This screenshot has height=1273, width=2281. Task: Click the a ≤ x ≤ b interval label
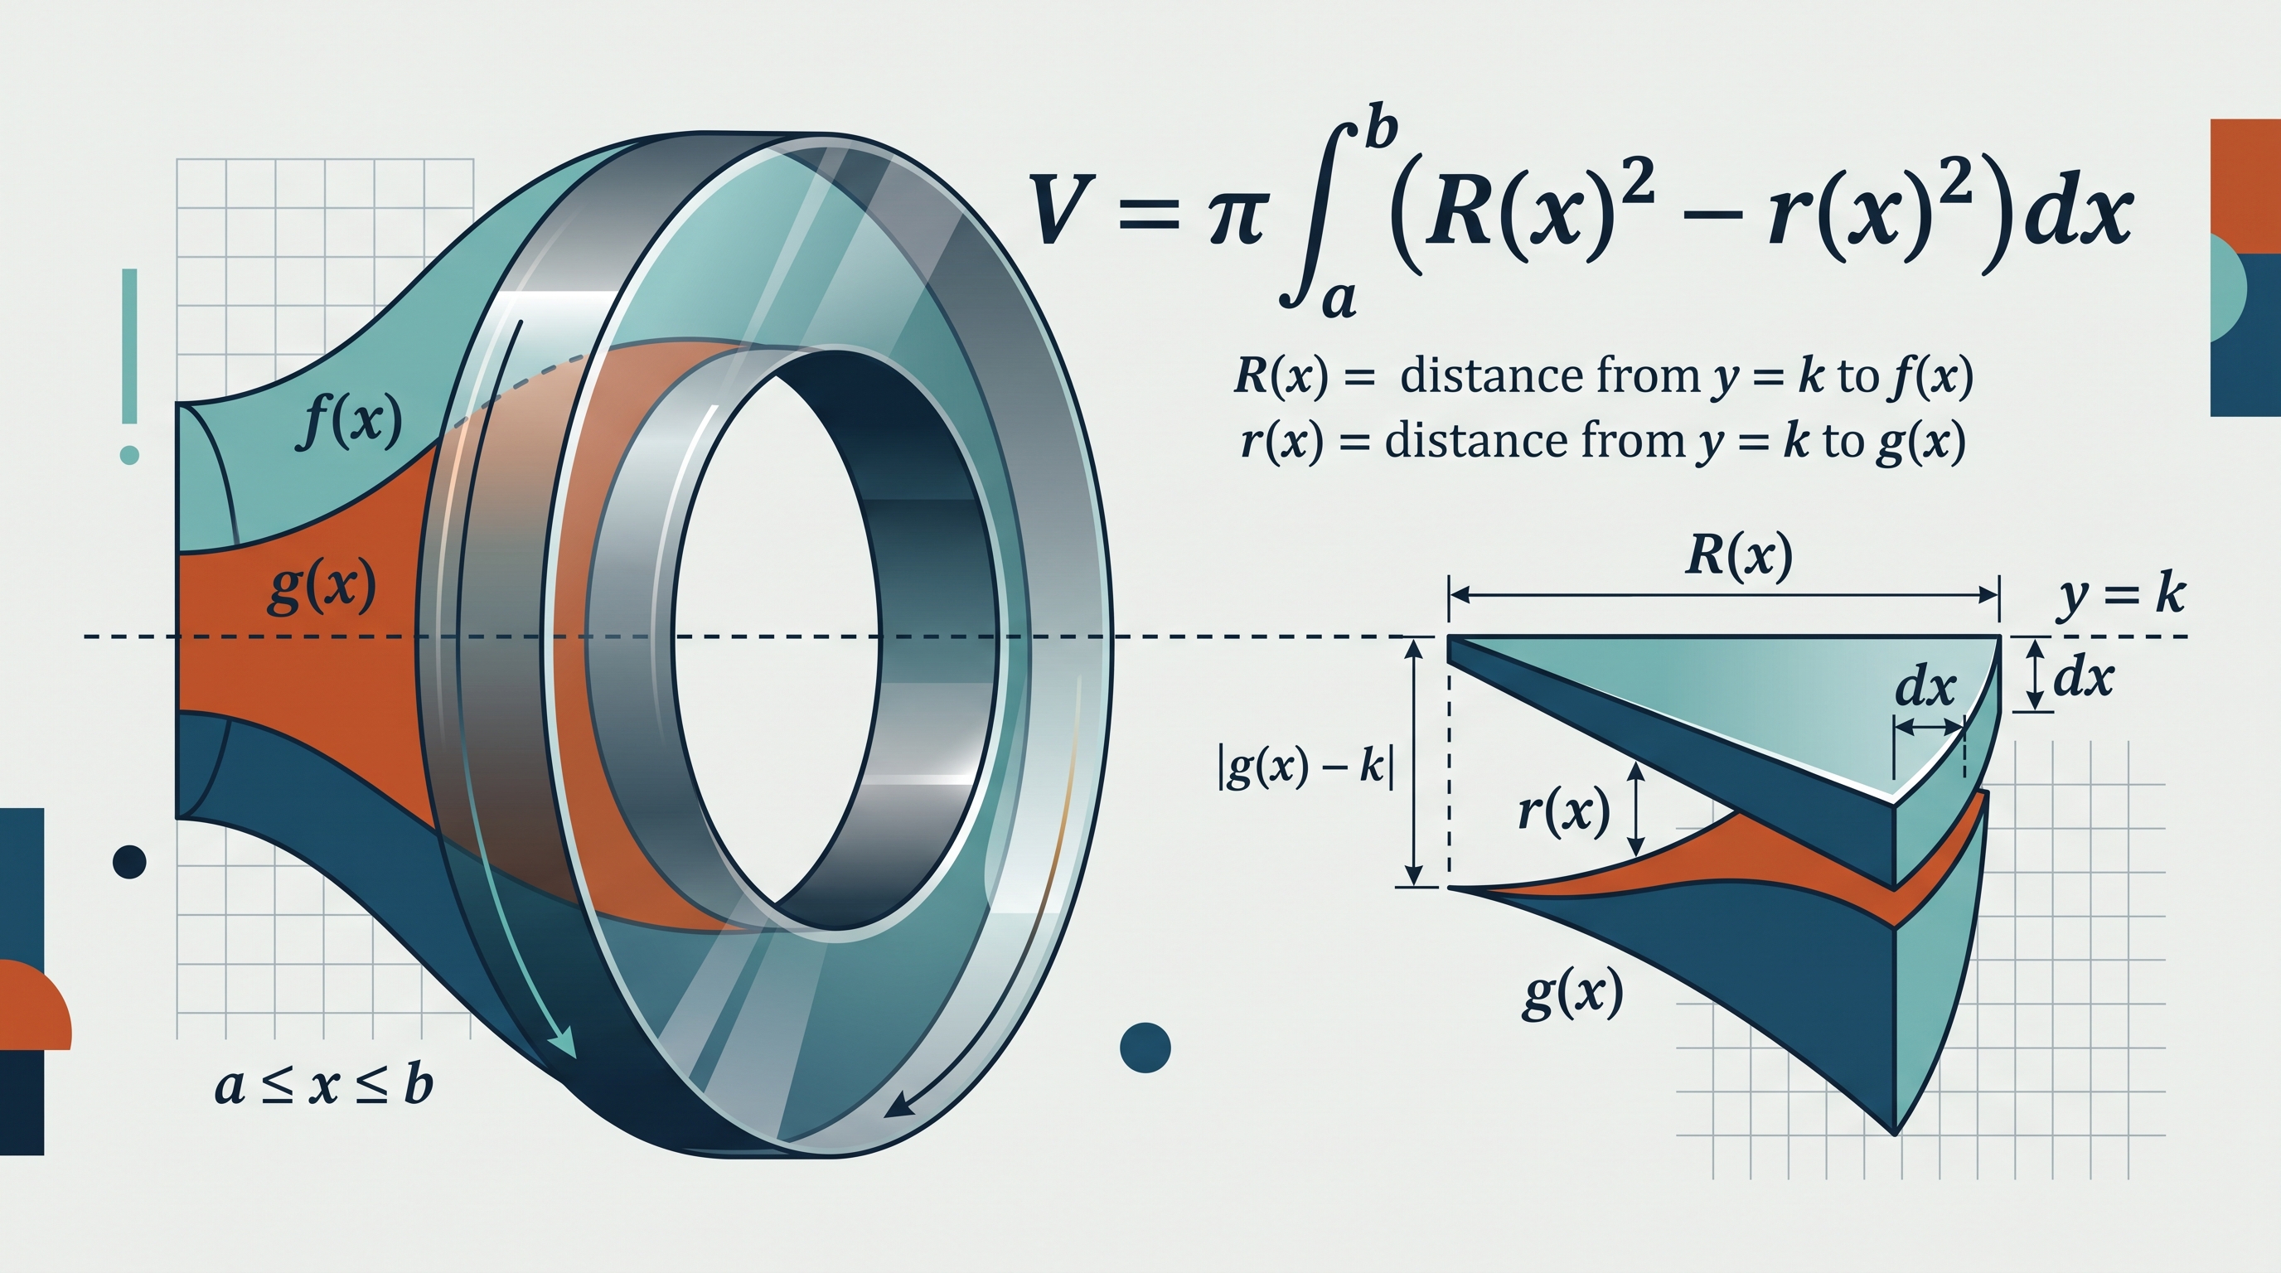point(324,1087)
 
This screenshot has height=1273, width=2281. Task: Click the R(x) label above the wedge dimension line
point(1738,556)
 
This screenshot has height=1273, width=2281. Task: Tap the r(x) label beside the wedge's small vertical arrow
point(1564,809)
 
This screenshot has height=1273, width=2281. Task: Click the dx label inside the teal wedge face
point(1925,687)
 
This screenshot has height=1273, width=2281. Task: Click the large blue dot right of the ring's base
point(1145,1048)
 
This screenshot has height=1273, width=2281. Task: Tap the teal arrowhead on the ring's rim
point(563,1044)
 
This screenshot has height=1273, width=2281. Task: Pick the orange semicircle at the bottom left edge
point(36,1004)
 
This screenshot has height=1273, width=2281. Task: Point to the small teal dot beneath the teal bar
point(129,455)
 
